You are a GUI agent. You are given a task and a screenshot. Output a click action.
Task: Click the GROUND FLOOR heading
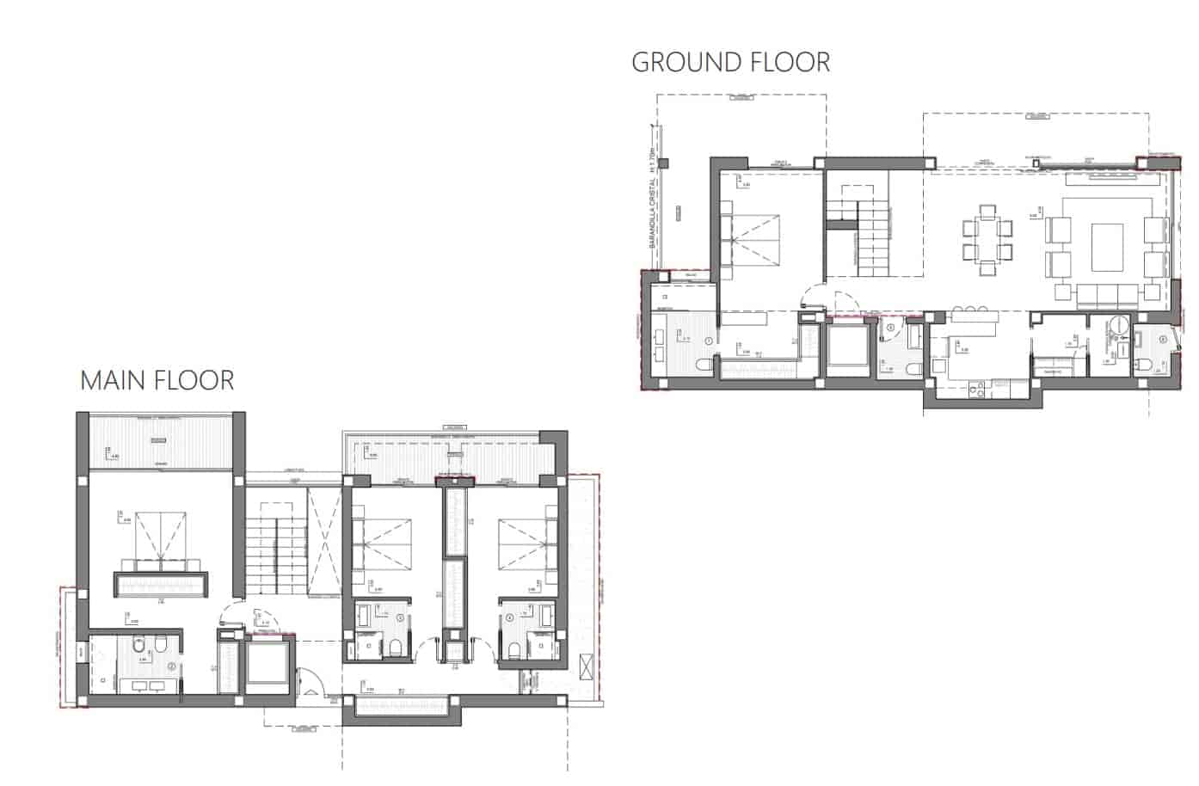pos(730,62)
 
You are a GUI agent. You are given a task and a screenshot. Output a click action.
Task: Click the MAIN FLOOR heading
pos(157,380)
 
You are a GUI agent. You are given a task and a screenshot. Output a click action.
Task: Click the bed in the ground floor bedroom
pos(753,237)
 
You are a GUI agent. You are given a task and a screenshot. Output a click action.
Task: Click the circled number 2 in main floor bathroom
pos(172,666)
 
